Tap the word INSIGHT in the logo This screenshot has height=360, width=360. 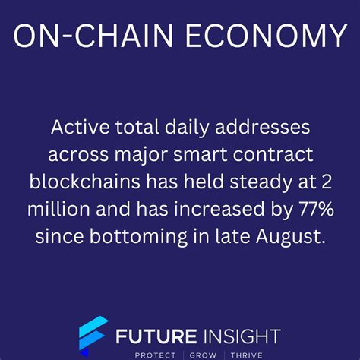238,335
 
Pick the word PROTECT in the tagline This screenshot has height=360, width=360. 154,354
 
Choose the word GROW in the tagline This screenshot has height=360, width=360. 201,354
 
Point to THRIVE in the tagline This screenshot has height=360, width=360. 243,354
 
